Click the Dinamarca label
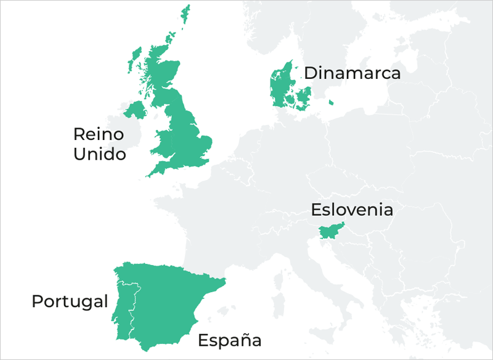(x=352, y=73)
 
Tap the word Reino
(x=99, y=134)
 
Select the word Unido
(x=99, y=153)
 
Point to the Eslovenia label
(x=352, y=210)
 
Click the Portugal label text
(x=70, y=302)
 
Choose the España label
(x=229, y=340)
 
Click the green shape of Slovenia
(x=328, y=232)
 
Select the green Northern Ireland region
(x=135, y=111)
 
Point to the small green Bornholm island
(x=331, y=102)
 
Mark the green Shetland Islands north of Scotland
(x=185, y=15)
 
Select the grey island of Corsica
(x=281, y=280)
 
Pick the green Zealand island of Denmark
(x=304, y=97)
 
